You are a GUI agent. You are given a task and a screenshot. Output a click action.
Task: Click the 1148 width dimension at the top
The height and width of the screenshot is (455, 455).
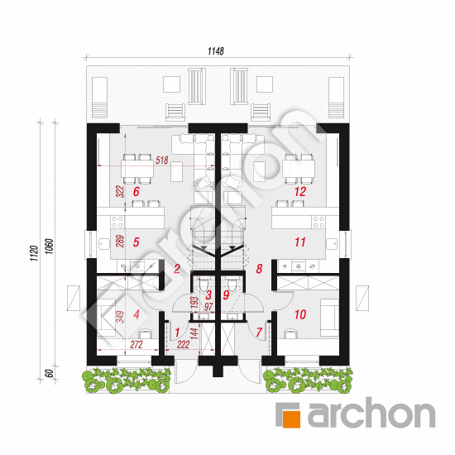pos(216,51)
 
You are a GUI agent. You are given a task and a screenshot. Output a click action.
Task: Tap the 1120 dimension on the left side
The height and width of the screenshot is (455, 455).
pos(34,253)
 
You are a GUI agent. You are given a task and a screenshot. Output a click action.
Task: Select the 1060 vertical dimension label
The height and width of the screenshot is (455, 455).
pos(50,247)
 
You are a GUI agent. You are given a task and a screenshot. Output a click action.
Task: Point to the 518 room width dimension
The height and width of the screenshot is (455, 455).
pos(161,160)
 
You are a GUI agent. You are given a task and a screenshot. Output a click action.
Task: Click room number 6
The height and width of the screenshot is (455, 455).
pos(136,192)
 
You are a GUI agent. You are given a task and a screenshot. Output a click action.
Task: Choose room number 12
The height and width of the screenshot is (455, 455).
pos(300,192)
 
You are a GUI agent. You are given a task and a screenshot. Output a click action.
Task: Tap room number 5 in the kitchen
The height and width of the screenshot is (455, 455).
pos(136,242)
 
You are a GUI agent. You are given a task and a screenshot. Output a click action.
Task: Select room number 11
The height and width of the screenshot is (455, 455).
pos(300,242)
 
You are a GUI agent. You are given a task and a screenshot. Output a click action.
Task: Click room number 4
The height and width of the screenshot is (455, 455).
pos(136,314)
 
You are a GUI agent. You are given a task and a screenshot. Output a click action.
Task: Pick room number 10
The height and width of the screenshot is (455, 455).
pos(300,314)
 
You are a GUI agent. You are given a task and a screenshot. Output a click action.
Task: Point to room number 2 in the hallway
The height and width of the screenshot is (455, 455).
pos(177,269)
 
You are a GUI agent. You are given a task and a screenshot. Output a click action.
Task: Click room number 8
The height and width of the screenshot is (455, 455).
pos(259,269)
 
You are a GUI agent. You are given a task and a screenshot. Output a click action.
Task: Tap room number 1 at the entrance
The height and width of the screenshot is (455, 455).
pos(177,333)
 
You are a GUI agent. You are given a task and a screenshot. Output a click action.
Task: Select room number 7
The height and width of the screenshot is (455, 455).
pos(259,333)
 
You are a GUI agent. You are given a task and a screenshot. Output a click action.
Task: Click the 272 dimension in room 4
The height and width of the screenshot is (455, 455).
pos(136,345)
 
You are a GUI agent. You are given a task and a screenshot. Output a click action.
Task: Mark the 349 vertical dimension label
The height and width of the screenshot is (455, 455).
pos(120,317)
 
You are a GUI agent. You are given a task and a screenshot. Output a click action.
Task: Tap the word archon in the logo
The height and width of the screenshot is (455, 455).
pos(371,414)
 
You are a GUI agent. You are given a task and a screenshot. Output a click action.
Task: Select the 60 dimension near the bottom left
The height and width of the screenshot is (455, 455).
pos(50,373)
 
